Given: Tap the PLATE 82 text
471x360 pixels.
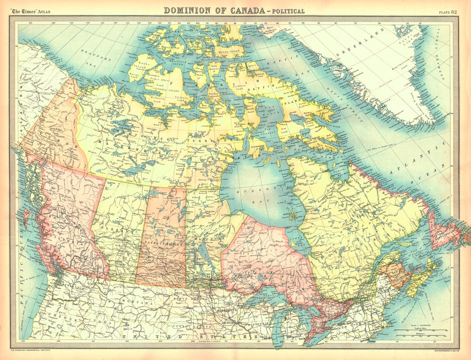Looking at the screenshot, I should pos(447,11).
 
